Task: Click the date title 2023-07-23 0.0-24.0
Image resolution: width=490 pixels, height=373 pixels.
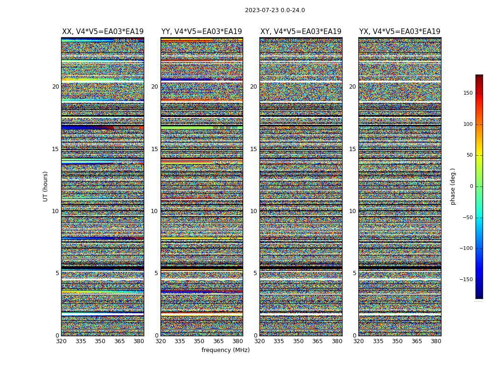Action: (275, 10)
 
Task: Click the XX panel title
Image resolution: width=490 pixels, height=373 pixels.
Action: (103, 32)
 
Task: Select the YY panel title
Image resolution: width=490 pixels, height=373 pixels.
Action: (202, 32)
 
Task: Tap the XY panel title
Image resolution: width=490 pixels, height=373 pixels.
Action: (301, 32)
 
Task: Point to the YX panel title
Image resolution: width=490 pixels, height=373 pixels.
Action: (399, 32)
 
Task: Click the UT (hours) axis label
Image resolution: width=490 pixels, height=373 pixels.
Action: (46, 186)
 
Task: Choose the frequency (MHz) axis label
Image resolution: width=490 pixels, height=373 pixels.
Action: (225, 350)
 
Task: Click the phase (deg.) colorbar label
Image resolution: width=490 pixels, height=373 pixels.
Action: (453, 186)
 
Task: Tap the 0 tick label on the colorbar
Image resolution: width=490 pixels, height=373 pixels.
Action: (470, 186)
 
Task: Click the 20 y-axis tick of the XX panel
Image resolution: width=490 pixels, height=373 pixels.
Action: (56, 87)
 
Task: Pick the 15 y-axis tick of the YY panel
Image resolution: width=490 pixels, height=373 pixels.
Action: (154, 149)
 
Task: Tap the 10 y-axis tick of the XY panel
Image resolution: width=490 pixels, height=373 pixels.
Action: (253, 211)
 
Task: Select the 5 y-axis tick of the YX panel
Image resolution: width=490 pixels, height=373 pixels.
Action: (354, 273)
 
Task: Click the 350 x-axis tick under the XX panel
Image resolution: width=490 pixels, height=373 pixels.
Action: (100, 341)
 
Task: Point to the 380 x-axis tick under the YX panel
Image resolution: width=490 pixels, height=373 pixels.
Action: (436, 341)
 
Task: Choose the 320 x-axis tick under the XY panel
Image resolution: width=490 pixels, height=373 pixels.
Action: (260, 341)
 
